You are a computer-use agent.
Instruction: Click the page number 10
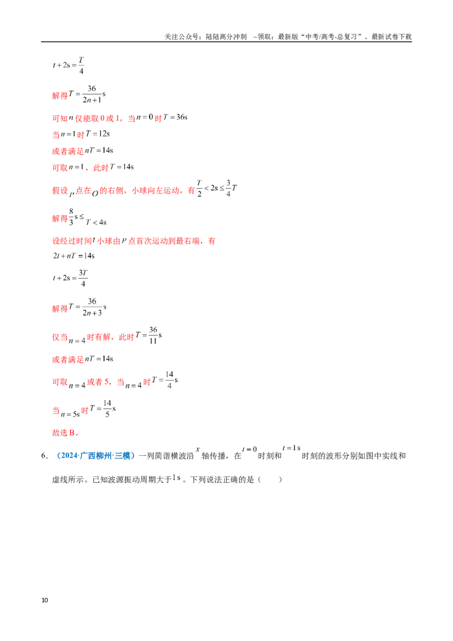coord(45,600)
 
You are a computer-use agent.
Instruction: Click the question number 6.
coord(44,456)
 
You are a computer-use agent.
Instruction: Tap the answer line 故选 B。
coord(66,433)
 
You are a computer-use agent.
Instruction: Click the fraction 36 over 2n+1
coord(92,94)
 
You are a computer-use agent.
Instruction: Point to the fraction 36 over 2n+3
coord(92,307)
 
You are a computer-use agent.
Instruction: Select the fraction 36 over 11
coord(153,335)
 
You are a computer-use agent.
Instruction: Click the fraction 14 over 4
coord(169,380)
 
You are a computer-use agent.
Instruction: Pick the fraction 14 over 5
coord(107,408)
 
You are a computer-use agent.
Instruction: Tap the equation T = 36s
coord(176,117)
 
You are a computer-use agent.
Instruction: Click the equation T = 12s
coord(98,134)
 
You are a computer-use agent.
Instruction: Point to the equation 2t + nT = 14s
coord(74,256)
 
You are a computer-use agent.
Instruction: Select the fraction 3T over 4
coord(83,278)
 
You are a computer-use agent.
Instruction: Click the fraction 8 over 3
coord(71,217)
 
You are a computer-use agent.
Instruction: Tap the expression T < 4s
coord(96,223)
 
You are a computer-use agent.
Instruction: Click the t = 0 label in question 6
coord(249,449)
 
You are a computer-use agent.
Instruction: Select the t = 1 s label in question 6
coord(292,448)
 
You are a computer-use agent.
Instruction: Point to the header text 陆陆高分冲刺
coord(226,37)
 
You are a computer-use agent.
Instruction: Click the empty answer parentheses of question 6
coord(270,480)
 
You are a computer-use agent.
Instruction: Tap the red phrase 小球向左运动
coord(155,190)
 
